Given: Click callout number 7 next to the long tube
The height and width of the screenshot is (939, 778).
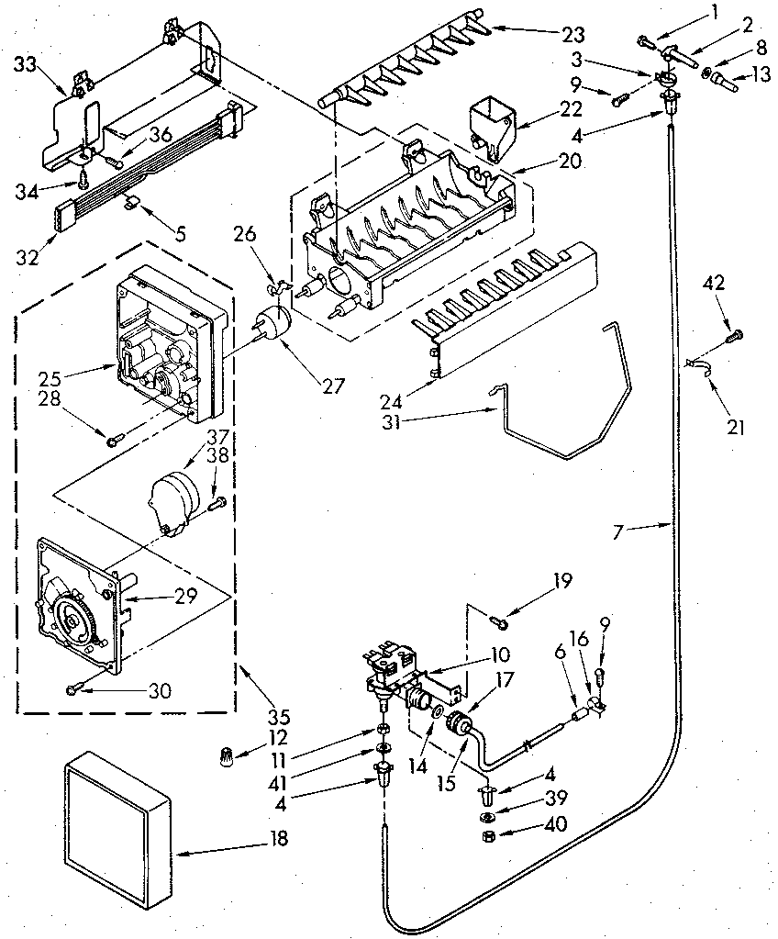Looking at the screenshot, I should pyautogui.click(x=639, y=531).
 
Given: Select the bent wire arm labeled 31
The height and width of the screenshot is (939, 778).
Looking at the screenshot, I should pyautogui.click(x=569, y=413).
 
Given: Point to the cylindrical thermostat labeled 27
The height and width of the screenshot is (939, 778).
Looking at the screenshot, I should pyautogui.click(x=272, y=323).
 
